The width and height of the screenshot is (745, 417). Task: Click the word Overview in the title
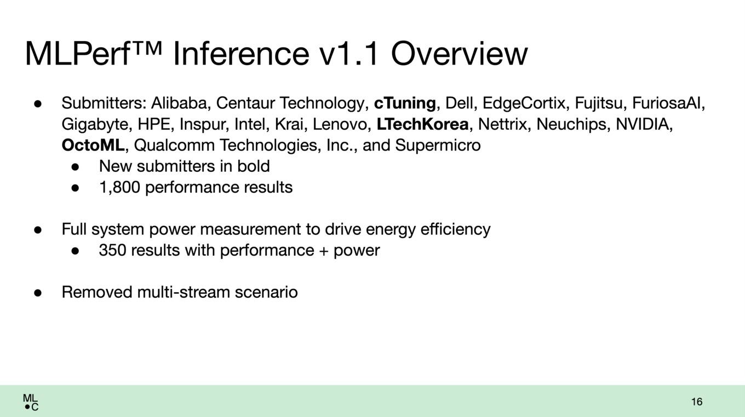459,54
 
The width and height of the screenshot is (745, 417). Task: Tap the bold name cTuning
405,103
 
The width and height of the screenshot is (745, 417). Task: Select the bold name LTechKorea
422,124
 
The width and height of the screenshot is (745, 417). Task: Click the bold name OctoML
93,145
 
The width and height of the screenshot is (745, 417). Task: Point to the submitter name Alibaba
180,103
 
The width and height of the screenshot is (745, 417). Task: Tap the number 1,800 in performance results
120,187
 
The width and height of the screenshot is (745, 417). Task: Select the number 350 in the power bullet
112,250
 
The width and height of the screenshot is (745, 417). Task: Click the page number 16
697,402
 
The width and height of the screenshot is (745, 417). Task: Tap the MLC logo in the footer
31,402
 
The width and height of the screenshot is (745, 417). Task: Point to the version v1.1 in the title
348,54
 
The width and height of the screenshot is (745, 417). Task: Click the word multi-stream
184,292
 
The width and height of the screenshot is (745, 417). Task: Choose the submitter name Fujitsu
598,103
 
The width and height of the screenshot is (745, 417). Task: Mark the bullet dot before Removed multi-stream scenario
38,293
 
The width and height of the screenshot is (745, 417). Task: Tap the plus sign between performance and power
324,251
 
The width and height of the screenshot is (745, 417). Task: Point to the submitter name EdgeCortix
524,103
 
